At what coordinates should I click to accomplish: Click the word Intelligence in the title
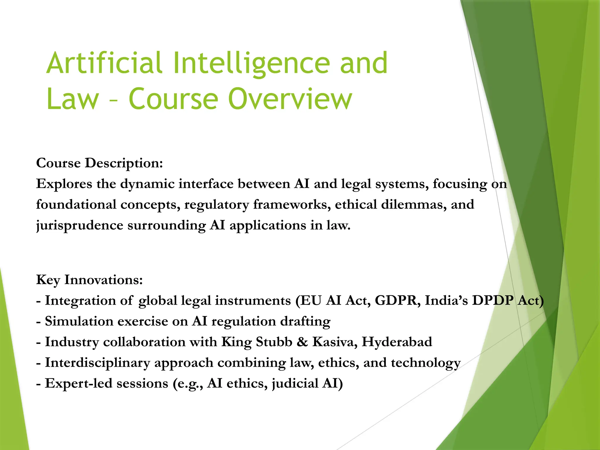pyautogui.click(x=251, y=63)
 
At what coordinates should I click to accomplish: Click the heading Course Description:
pyautogui.click(x=99, y=163)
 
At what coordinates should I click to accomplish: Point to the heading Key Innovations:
pyautogui.click(x=89, y=279)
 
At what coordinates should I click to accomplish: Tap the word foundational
pyautogui.click(x=76, y=204)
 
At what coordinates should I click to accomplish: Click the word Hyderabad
pyautogui.click(x=397, y=342)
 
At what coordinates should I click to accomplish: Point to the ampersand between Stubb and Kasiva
pyautogui.click(x=302, y=342)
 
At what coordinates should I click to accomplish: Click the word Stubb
pyautogui.click(x=274, y=342)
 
